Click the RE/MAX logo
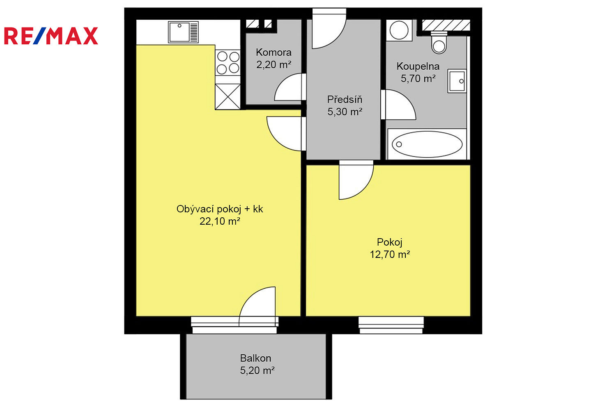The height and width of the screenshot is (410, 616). (x=51, y=36)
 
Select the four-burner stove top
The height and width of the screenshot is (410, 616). (x=228, y=63)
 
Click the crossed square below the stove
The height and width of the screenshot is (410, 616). (x=228, y=97)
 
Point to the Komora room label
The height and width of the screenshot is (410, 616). (x=274, y=52)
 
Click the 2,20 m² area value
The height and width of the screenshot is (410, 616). (x=274, y=64)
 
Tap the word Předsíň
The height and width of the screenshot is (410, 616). (x=345, y=99)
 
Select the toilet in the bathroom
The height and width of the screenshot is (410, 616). (x=439, y=42)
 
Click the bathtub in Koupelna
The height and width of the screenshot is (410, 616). (x=427, y=144)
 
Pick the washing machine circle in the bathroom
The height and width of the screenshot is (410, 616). (x=399, y=30)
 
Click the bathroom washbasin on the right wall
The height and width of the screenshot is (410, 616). (x=457, y=81)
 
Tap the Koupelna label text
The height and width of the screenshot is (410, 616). (x=418, y=66)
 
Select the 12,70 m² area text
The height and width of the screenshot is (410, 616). (x=390, y=254)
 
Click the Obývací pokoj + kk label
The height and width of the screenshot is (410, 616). (x=220, y=209)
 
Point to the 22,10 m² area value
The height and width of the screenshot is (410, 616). (x=220, y=221)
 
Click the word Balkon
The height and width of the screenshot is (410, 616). (x=255, y=358)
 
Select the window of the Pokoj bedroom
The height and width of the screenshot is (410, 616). (x=391, y=325)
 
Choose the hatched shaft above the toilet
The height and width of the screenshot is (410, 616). (x=446, y=25)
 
